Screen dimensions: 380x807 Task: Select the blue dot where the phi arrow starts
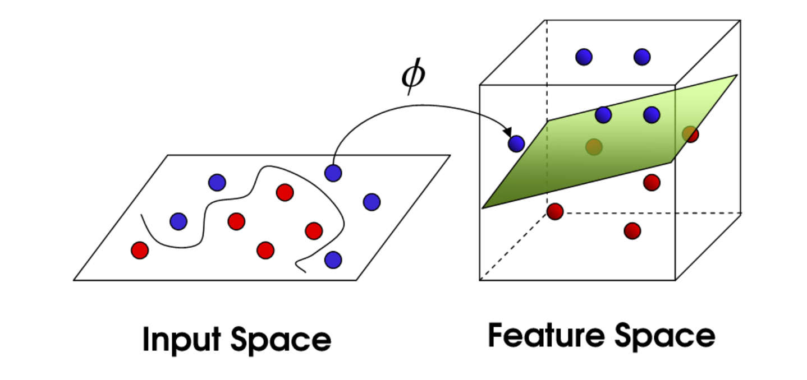coord(333,173)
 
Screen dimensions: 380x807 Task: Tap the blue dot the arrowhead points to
coord(516,144)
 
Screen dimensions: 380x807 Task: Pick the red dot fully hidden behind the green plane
coord(594,147)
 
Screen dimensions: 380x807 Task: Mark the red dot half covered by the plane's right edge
coord(690,134)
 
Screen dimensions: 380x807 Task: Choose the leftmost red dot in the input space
coord(139,250)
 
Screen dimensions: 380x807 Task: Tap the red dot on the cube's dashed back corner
coord(555,212)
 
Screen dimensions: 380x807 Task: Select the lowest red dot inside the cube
coord(632,230)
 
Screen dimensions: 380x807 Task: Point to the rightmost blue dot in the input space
coord(372,201)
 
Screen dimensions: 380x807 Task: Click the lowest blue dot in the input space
coord(333,259)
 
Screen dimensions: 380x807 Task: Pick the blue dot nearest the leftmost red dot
coord(178,221)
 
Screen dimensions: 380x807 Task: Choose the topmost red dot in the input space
coord(285,193)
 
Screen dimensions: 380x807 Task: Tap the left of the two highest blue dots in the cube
coord(584,56)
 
